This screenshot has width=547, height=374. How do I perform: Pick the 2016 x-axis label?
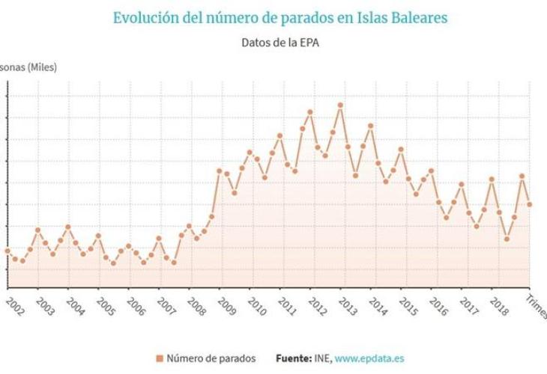pyautogui.click(x=438, y=307)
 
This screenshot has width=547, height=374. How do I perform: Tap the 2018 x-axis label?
pyautogui.click(x=498, y=307)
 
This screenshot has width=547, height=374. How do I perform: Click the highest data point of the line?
pyautogui.click(x=340, y=105)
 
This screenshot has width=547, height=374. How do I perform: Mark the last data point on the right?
pyautogui.click(x=530, y=204)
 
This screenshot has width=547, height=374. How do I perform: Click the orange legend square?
pyautogui.click(x=160, y=358)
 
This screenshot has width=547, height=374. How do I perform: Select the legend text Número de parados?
pyautogui.click(x=211, y=358)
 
